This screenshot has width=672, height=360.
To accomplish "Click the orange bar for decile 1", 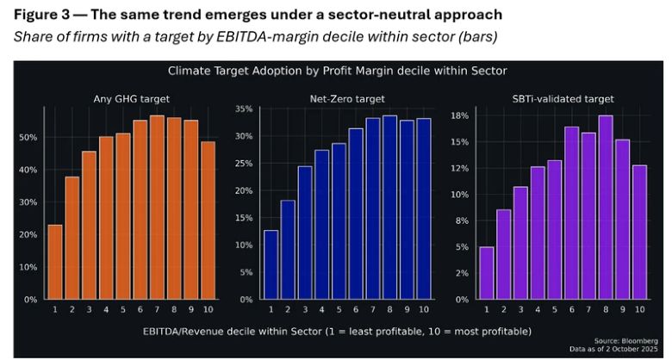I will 54,262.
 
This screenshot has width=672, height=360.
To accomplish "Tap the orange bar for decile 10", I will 208,220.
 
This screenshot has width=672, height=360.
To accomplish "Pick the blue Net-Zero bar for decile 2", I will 288,250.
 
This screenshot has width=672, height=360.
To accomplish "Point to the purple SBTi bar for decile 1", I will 487,273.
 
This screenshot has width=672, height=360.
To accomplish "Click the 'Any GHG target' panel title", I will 131,98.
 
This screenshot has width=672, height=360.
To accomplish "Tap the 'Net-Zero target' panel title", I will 346,98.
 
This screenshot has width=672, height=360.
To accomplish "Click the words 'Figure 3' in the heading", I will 40,16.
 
